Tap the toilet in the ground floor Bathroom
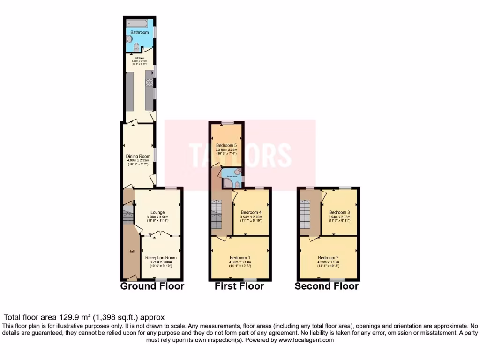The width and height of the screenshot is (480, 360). (136, 46)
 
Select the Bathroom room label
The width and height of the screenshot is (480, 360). (139, 33)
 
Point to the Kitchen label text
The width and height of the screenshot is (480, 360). (139, 58)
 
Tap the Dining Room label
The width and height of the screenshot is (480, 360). (138, 156)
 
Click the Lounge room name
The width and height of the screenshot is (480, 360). (157, 212)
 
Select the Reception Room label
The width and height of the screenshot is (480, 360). (161, 257)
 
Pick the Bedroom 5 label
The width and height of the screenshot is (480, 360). (226, 145)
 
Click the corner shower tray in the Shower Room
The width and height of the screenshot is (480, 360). (227, 183)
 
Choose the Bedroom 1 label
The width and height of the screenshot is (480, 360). (240, 257)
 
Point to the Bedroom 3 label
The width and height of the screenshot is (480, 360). (339, 212)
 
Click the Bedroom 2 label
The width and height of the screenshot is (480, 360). (328, 257)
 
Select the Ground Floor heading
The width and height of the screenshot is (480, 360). (152, 286)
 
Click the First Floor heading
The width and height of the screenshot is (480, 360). (240, 286)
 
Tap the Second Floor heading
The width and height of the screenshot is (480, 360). (327, 286)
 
